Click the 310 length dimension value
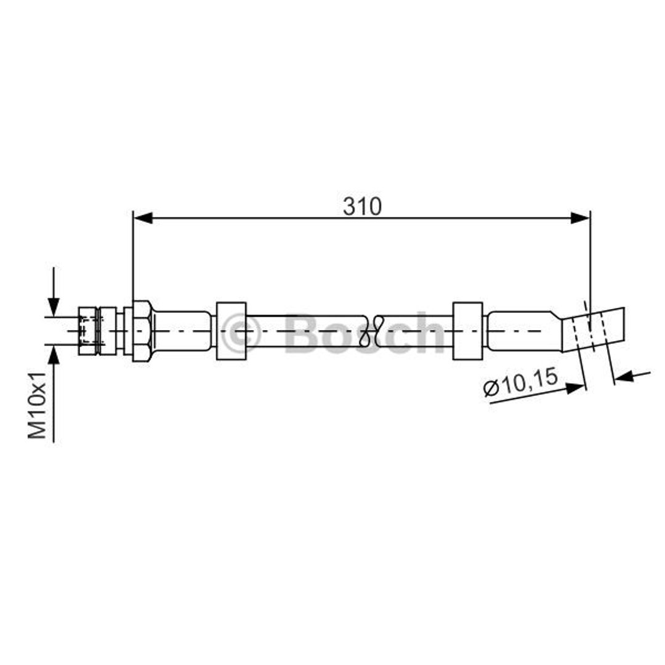click(x=362, y=206)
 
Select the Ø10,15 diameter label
click(x=521, y=382)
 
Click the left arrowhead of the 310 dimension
click(x=143, y=219)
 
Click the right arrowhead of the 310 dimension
click(x=580, y=219)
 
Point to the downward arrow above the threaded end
click(x=54, y=292)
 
